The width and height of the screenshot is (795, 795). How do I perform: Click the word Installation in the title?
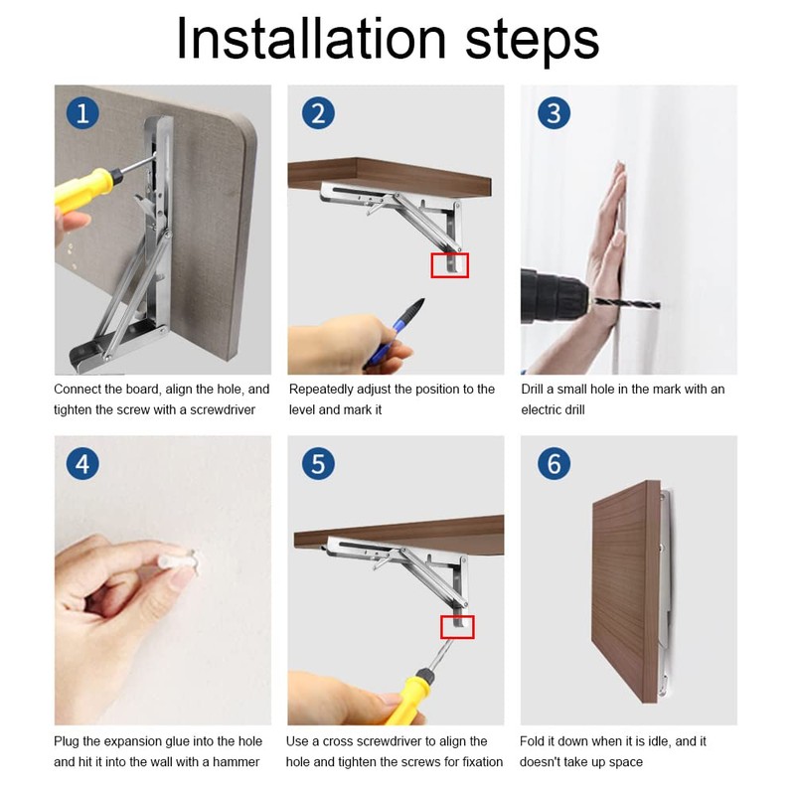click(311, 39)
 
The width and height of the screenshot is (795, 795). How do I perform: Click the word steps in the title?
click(533, 43)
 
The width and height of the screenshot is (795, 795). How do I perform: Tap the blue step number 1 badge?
click(82, 112)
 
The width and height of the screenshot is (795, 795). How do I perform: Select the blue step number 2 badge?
click(318, 112)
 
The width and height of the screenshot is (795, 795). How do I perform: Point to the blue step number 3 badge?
click(554, 112)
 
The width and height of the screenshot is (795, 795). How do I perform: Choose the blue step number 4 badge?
click(82, 464)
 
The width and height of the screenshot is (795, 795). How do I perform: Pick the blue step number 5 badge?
click(318, 464)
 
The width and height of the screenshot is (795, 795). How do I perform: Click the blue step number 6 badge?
click(554, 464)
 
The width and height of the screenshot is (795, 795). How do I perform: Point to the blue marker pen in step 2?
click(394, 332)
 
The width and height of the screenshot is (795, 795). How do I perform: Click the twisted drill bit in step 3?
click(626, 303)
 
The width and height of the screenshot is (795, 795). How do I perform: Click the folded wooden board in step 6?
click(626, 590)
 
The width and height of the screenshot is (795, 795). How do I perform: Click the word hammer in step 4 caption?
click(236, 761)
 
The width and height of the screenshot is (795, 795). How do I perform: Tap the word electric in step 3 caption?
click(540, 409)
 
